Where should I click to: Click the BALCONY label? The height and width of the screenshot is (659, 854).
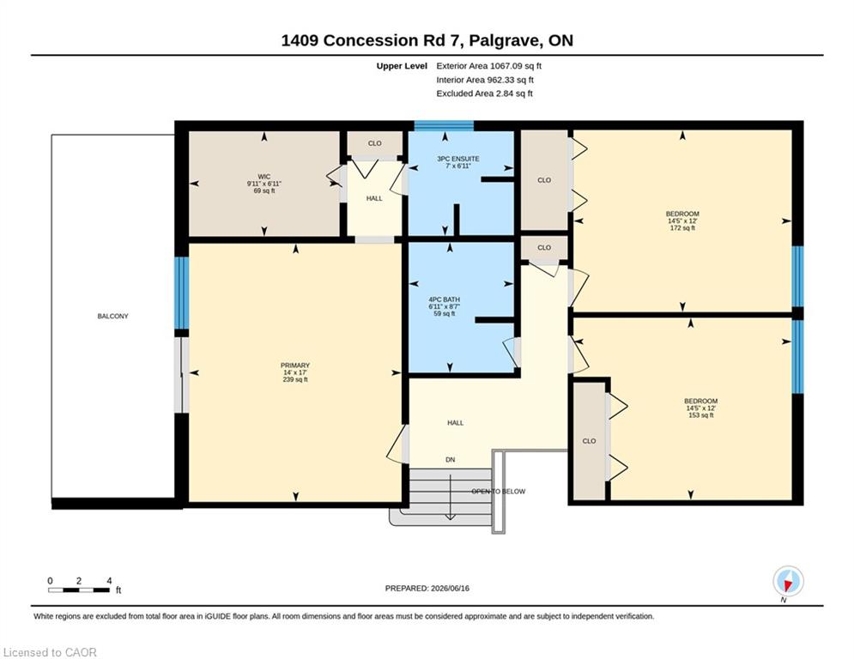pyautogui.click(x=112, y=316)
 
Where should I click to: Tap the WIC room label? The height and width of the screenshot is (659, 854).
pyautogui.click(x=264, y=177)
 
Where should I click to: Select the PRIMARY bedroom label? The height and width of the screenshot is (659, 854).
pyautogui.click(x=295, y=366)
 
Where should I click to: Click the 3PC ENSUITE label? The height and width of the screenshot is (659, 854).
pyautogui.click(x=458, y=159)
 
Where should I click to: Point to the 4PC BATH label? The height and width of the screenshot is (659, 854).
pyautogui.click(x=445, y=299)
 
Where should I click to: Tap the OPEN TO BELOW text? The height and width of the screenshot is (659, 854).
pyautogui.click(x=499, y=492)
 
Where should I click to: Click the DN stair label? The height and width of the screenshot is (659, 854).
pyautogui.click(x=451, y=460)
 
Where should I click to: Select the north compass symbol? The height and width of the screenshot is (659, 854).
pyautogui.click(x=788, y=582)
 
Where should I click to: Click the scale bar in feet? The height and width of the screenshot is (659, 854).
pyautogui.click(x=79, y=589)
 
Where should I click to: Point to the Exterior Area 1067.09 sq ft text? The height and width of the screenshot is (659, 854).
pyautogui.click(x=488, y=66)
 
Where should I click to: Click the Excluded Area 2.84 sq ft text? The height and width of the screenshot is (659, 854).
pyautogui.click(x=484, y=94)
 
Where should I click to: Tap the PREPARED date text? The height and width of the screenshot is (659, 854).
pyautogui.click(x=427, y=588)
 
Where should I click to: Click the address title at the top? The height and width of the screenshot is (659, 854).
pyautogui.click(x=427, y=40)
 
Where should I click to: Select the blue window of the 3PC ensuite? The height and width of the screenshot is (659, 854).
pyautogui.click(x=444, y=126)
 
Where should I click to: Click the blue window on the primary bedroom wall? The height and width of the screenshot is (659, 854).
pyautogui.click(x=181, y=293)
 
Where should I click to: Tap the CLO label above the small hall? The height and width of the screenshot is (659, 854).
pyautogui.click(x=375, y=143)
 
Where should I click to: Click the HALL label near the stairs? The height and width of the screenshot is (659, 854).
pyautogui.click(x=455, y=423)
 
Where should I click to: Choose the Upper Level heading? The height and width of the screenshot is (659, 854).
pyautogui.click(x=402, y=66)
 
